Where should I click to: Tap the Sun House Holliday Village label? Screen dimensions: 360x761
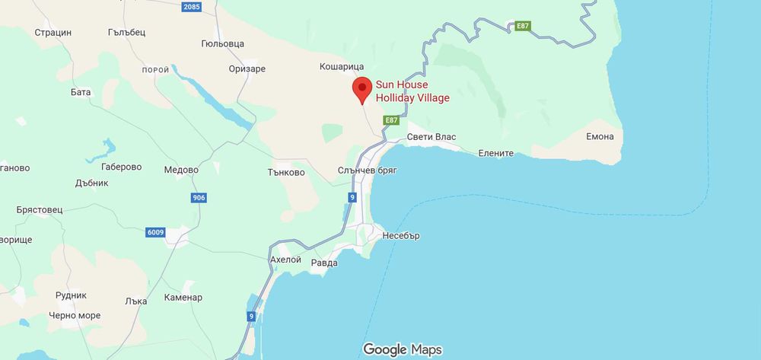pos(412,92)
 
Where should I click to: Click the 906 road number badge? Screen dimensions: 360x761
pos(198,198)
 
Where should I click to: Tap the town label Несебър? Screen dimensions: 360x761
pos(402,236)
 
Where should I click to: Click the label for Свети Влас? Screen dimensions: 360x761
pos(431,137)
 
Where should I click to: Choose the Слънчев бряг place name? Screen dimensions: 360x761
pos(368,173)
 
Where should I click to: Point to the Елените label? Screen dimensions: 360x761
pos(496,153)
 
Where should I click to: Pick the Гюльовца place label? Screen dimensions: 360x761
pos(223,44)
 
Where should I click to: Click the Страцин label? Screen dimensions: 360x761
pos(53,33)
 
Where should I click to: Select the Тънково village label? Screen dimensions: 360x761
pos(287,173)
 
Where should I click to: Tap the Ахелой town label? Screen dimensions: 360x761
pos(286,260)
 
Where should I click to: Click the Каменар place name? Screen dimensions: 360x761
pos(183,298)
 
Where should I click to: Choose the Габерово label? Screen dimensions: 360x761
pos(122,167)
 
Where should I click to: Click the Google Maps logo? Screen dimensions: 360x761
pos(403,349)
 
